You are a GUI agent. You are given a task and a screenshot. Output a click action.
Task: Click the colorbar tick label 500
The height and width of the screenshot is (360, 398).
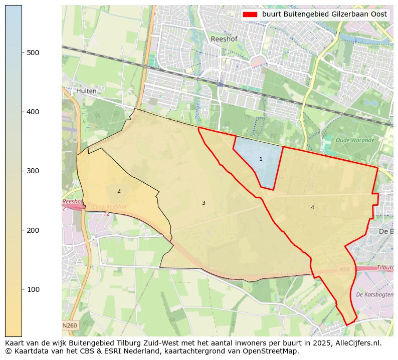[33, 53]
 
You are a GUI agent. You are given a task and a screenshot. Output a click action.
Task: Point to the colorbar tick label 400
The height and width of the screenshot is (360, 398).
[33, 112]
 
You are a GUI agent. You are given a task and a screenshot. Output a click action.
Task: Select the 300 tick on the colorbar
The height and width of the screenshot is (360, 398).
[33, 171]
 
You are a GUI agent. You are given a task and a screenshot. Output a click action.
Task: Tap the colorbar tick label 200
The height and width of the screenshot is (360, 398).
[33, 230]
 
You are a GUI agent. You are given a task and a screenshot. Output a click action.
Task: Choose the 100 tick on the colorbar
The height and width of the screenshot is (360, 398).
[33, 289]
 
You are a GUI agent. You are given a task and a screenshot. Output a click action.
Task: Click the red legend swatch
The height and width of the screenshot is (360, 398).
[250, 15]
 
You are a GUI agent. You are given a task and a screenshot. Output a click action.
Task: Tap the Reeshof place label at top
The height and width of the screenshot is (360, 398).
[224, 39]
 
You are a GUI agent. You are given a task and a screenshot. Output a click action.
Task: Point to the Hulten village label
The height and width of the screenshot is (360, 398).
[87, 91]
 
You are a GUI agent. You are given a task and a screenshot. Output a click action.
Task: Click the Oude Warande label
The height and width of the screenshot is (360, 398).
[355, 140]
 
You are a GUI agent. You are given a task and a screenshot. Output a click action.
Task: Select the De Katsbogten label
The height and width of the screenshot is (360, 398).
[374, 294]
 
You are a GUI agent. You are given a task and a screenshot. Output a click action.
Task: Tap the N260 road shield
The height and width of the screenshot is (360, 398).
[70, 325]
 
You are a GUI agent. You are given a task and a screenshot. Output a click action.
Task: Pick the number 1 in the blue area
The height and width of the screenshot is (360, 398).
[261, 159]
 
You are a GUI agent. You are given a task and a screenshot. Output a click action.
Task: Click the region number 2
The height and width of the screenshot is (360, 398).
[119, 191]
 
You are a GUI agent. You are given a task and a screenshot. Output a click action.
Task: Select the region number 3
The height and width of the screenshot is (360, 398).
[204, 203]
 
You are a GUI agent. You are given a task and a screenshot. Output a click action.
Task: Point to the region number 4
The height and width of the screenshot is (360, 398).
[312, 207]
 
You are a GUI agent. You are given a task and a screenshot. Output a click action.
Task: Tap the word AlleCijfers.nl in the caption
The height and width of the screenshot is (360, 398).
[357, 343]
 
